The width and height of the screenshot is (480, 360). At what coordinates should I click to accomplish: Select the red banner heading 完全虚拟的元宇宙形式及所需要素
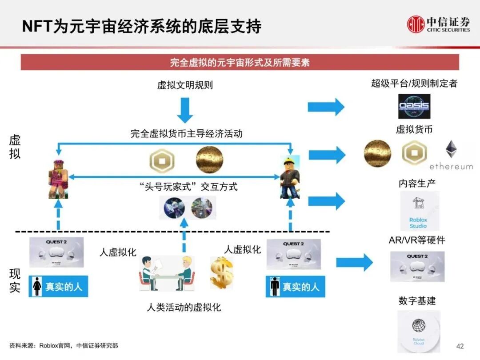(x=240, y=62)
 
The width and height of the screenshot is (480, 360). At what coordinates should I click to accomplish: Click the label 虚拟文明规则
(x=185, y=85)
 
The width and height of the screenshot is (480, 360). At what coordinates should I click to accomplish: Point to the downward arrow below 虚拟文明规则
(x=185, y=109)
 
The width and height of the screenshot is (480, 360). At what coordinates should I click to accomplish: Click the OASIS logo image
(x=414, y=106)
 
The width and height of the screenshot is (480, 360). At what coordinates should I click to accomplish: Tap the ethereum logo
(x=451, y=155)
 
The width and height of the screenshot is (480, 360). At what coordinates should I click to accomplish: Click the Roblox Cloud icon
(x=418, y=331)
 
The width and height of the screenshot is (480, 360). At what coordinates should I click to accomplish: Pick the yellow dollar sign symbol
(x=221, y=272)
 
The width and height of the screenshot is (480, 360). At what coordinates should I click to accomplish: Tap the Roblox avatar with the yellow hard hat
(x=290, y=176)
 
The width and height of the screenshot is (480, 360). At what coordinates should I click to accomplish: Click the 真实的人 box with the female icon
(x=59, y=287)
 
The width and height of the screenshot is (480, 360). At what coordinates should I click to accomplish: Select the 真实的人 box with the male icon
(x=296, y=287)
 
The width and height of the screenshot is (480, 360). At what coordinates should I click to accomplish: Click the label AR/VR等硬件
(x=416, y=240)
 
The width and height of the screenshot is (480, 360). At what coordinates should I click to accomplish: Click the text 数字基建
(x=417, y=301)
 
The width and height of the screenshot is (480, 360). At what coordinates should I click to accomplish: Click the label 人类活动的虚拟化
(x=184, y=307)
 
